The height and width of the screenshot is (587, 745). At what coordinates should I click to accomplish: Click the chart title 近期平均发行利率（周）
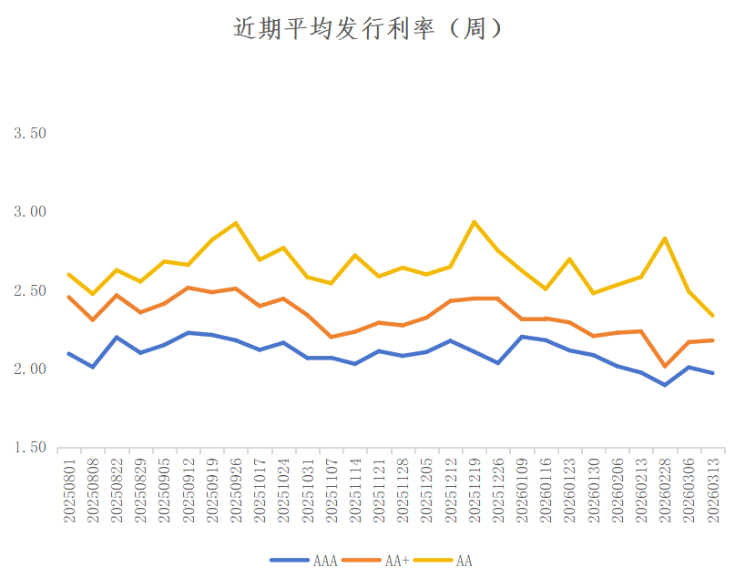tap(369, 29)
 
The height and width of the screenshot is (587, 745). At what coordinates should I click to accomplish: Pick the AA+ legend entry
tap(397, 561)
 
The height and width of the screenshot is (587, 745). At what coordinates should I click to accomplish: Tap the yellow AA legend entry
tap(464, 561)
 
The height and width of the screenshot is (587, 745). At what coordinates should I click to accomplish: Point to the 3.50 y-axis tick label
tap(30, 133)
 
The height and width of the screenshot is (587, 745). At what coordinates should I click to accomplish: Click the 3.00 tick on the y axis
tap(30, 212)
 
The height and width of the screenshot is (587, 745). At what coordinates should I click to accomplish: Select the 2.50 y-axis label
tap(30, 290)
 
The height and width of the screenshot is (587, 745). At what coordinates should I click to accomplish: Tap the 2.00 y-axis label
tap(30, 369)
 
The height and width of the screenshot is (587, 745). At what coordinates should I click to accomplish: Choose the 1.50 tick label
tap(30, 448)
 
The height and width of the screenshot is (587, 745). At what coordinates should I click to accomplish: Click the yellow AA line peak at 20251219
tap(475, 221)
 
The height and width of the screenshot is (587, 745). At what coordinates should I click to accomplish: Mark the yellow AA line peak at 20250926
tap(236, 223)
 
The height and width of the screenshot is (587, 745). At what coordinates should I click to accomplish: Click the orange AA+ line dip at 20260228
tap(666, 366)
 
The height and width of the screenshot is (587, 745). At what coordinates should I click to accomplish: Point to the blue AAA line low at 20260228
tap(666, 385)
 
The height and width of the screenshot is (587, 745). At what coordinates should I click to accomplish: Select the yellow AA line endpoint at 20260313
tap(713, 316)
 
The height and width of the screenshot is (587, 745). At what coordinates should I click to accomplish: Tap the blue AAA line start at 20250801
tap(69, 353)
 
